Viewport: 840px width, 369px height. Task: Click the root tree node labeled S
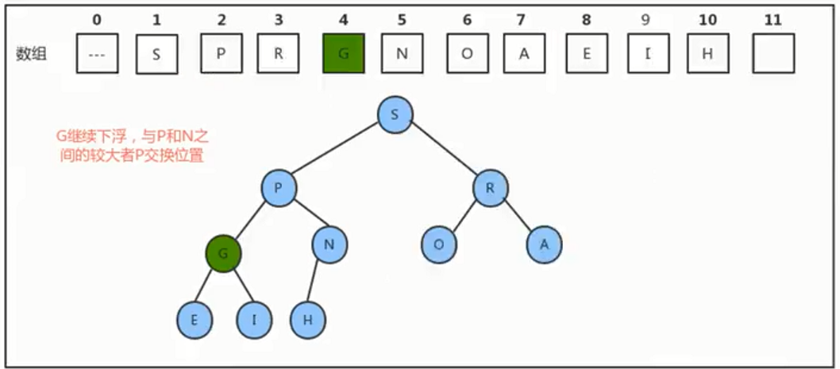395,115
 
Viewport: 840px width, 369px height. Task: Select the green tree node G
223,254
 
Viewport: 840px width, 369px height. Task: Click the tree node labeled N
329,244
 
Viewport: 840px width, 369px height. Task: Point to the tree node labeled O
439,244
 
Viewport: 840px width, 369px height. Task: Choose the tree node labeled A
545,244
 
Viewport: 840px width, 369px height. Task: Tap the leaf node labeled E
195,321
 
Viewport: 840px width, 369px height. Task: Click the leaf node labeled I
255,321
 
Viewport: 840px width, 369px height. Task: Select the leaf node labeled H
308,321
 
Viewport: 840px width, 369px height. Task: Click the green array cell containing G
344,53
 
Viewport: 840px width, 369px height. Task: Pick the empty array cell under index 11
773,53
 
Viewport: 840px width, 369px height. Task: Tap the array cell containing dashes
97,53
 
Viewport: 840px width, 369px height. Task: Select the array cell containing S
157,53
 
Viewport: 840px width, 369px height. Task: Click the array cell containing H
708,53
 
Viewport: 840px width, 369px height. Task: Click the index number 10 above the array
707,21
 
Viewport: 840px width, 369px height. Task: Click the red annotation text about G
133,147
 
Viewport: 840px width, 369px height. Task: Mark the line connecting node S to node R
443,152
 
